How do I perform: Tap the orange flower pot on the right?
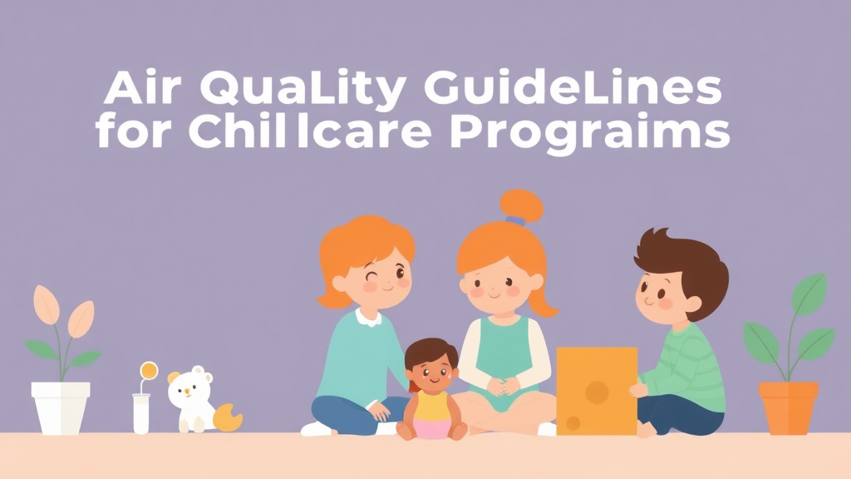coord(788,407)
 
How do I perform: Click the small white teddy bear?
coord(189,397)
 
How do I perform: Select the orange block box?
coord(597,390)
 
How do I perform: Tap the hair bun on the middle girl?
coord(520,205)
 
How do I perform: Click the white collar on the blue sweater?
coord(368,316)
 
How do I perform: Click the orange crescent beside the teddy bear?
coord(228,417)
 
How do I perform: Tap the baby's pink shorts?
coord(431,427)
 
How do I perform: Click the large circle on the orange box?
coord(597,392)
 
